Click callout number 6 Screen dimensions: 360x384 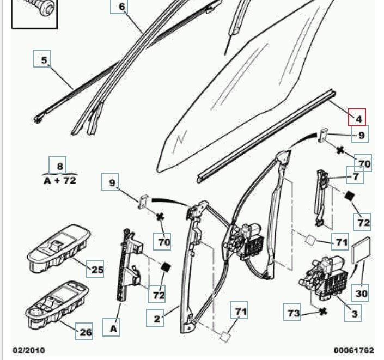[x=121, y=7]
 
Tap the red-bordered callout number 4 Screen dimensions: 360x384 [x=357, y=118]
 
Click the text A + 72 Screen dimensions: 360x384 [x=60, y=180]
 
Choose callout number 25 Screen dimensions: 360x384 [x=96, y=269]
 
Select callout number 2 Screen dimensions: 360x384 [x=157, y=318]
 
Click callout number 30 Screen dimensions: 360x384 [x=362, y=293]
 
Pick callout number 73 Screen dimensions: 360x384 [x=293, y=313]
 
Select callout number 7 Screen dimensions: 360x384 [x=355, y=176]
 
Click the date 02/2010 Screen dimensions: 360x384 [x=29, y=350]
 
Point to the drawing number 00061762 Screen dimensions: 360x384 [x=353, y=350]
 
